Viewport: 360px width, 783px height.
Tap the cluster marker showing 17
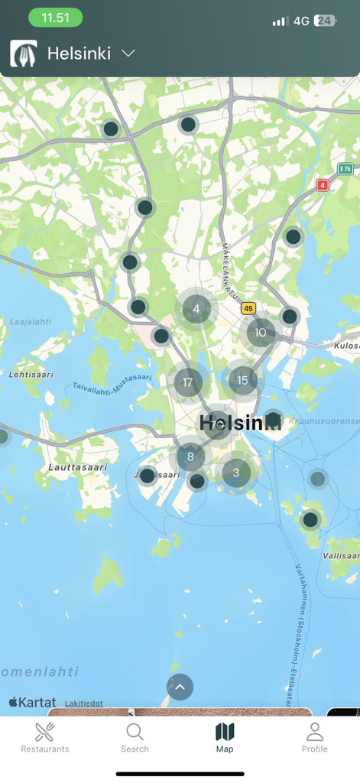(x=188, y=382)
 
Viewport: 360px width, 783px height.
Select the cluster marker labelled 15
(x=242, y=379)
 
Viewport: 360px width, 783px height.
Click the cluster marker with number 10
(x=261, y=332)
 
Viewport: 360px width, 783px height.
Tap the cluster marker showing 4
(x=196, y=309)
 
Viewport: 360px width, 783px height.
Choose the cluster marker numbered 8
(x=190, y=457)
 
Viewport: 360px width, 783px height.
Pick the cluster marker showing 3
(x=236, y=473)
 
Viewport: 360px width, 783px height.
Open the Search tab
(x=135, y=738)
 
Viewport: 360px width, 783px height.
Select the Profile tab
(x=314, y=738)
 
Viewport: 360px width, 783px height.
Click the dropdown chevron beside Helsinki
(x=128, y=54)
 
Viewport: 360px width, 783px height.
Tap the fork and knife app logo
(x=24, y=54)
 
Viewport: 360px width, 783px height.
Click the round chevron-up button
(x=180, y=687)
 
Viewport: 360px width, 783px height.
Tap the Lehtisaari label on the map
(x=31, y=375)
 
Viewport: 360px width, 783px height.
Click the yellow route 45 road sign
(x=248, y=309)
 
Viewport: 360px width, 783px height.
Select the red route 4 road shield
(x=323, y=185)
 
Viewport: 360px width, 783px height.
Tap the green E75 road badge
(x=345, y=169)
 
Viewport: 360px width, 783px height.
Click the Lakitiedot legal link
(x=83, y=703)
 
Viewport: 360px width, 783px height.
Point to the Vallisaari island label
(x=341, y=556)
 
